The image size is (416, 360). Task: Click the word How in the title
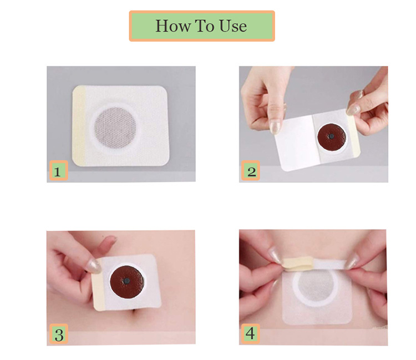coord(173,26)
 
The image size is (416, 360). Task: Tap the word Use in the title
coord(233,26)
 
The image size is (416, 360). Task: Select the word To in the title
coord(205,26)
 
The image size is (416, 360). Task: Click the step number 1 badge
coord(59,171)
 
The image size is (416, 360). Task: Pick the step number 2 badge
coord(251,171)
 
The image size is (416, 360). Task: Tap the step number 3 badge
coord(59,334)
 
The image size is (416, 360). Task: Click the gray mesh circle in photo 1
coord(115,128)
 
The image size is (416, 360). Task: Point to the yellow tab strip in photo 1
coord(79,125)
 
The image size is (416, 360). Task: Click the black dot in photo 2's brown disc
coord(331,136)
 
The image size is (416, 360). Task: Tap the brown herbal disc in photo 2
coord(332,137)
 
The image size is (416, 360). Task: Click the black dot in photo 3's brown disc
coord(127,281)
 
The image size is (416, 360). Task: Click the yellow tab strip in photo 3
coord(99,285)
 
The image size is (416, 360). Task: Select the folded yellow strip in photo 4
coord(297,263)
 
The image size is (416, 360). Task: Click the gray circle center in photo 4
coord(316,288)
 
